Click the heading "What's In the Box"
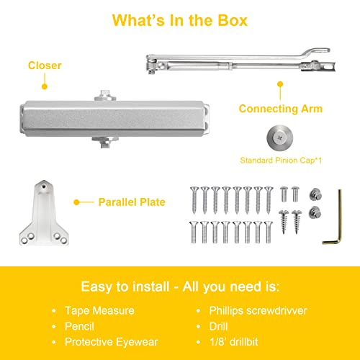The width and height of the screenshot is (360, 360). [x=180, y=20]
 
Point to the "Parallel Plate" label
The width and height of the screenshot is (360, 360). [x=132, y=202]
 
